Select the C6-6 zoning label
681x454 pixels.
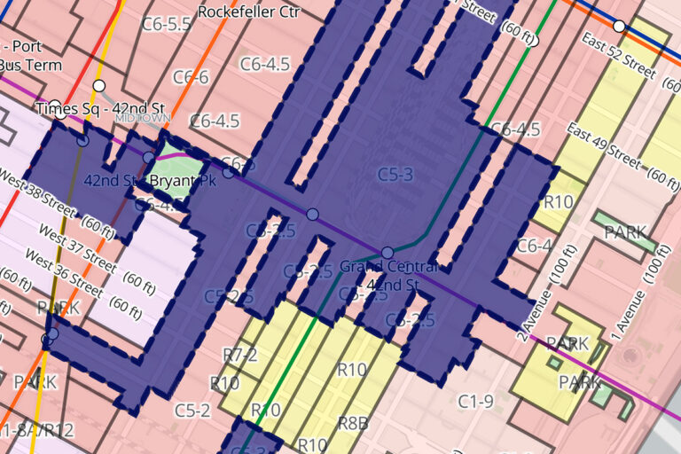(190, 77)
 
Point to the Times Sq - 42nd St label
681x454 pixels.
(91, 108)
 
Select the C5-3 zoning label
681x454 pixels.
(395, 175)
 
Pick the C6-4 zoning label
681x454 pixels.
(535, 246)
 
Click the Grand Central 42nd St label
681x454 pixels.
(388, 276)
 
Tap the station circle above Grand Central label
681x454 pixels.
(387, 253)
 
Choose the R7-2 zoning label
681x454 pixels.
(239, 356)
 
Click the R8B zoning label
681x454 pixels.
(352, 423)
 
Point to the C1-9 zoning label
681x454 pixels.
(475, 402)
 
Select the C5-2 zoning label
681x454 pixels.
(192, 410)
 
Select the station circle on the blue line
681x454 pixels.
(619, 27)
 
